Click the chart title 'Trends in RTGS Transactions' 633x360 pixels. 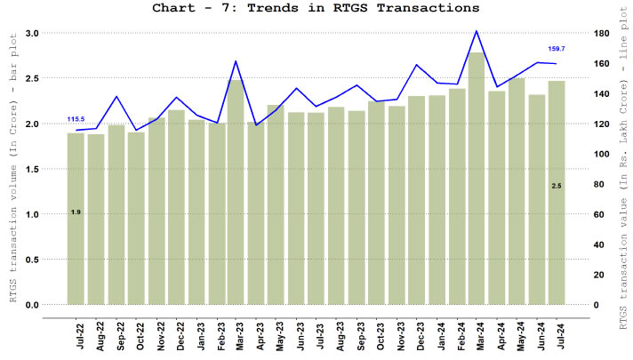[x=316, y=8]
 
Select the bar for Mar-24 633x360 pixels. [x=477, y=178]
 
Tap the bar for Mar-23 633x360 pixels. [x=236, y=191]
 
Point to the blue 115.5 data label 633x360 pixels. [x=76, y=119]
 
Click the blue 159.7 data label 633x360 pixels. [x=557, y=49]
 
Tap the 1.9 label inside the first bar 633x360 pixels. [x=76, y=212]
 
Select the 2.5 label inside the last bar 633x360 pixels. [x=557, y=185]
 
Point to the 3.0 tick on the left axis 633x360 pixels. [x=32, y=33]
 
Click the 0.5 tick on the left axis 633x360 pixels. [x=32, y=260]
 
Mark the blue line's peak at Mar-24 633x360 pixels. [x=477, y=31]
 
